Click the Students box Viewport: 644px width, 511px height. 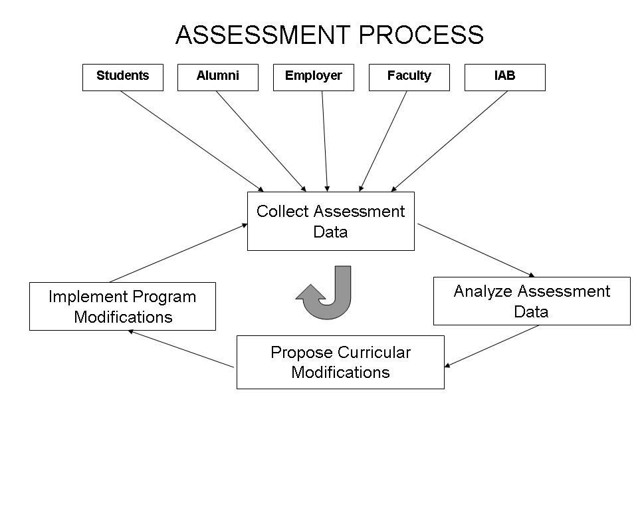click(122, 77)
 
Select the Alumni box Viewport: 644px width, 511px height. click(217, 77)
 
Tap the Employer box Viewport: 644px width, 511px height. click(313, 77)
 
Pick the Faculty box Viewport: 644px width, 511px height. click(409, 77)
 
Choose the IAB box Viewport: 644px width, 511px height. click(504, 77)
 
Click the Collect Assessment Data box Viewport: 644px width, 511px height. click(330, 221)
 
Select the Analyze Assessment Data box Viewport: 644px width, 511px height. click(531, 301)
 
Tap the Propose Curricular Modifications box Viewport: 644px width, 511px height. click(340, 362)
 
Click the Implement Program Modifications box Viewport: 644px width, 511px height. click(122, 306)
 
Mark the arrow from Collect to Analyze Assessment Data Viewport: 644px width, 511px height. click(476, 250)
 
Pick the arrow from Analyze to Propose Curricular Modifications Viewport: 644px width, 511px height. click(492, 346)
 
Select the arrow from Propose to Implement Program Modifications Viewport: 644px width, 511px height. click(181, 349)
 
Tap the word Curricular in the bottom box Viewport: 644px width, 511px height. click(374, 352)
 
